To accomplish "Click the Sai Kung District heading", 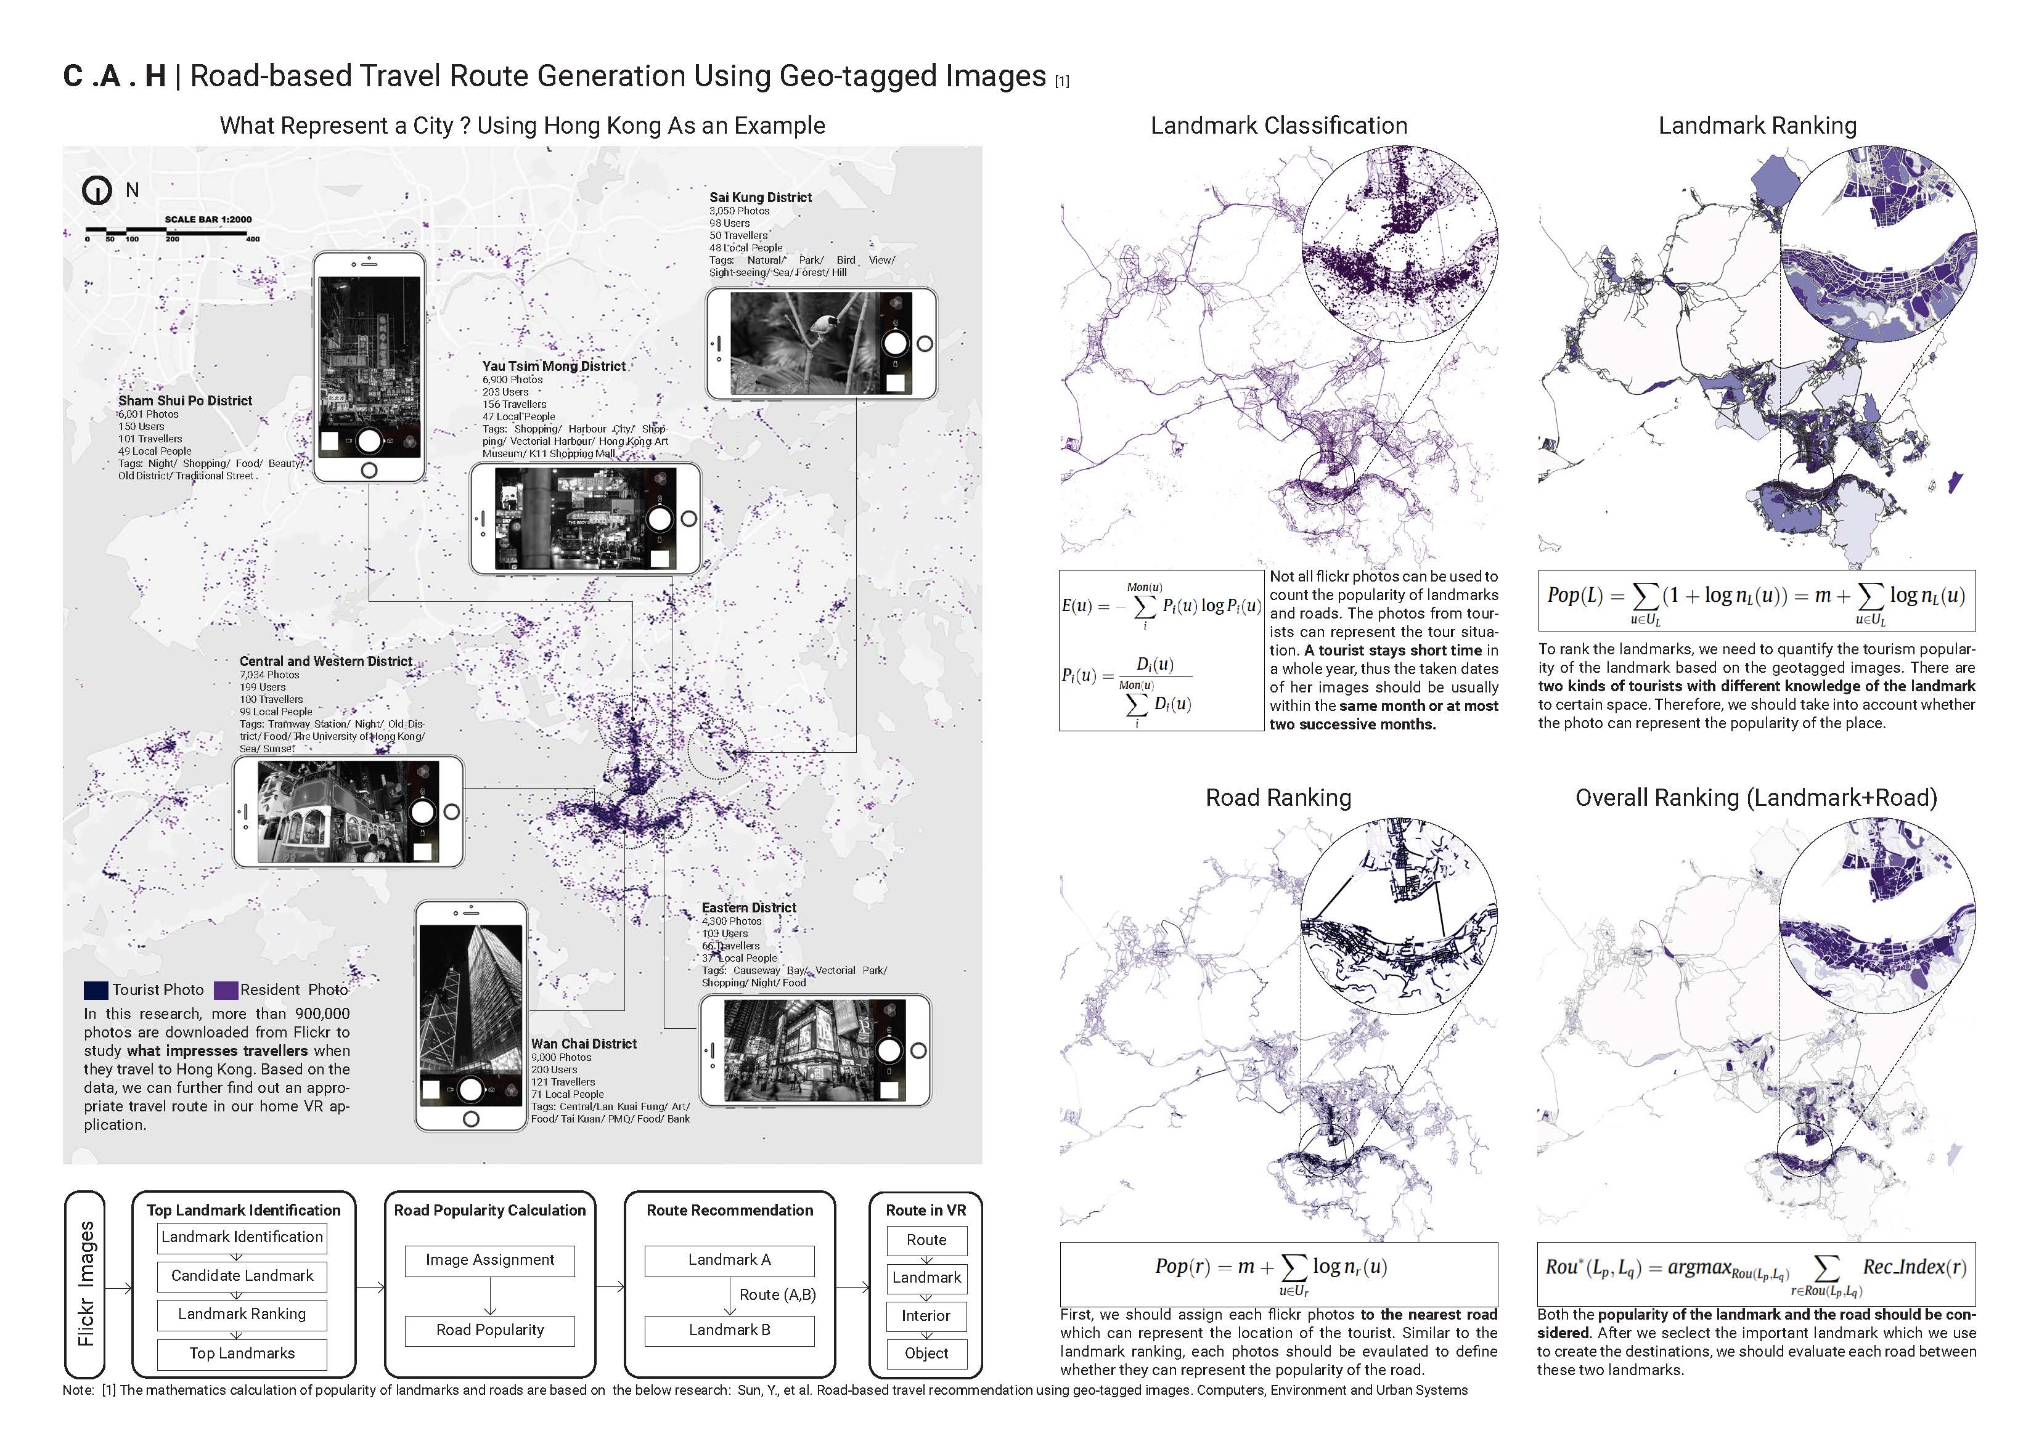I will [x=760, y=197].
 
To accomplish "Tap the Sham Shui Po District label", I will [x=185, y=400].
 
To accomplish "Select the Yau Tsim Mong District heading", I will [x=554, y=366].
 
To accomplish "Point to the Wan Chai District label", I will [x=584, y=1044].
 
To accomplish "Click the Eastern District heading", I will [x=749, y=907].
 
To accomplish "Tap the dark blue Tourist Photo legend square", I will [x=96, y=990].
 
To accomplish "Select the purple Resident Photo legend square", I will [x=226, y=990].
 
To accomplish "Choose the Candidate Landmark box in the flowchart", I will [x=242, y=1276].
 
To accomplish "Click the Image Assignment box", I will [x=489, y=1260].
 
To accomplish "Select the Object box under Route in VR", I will [x=926, y=1353].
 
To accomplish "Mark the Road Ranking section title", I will [x=1278, y=797].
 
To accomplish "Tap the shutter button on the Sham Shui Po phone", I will [x=369, y=440].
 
